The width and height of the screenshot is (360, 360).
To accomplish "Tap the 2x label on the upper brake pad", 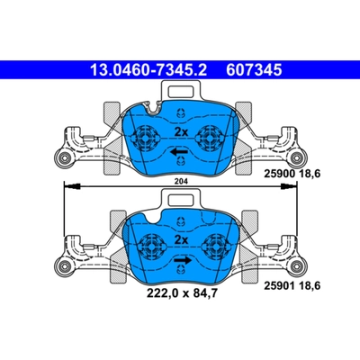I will tap(180, 132).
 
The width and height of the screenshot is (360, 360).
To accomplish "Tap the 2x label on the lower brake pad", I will tap(180, 241).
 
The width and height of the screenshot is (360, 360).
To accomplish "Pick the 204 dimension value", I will tap(181, 182).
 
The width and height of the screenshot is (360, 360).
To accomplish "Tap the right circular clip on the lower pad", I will tap(214, 247).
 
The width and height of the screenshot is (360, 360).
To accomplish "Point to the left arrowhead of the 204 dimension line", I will tap(64, 187).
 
